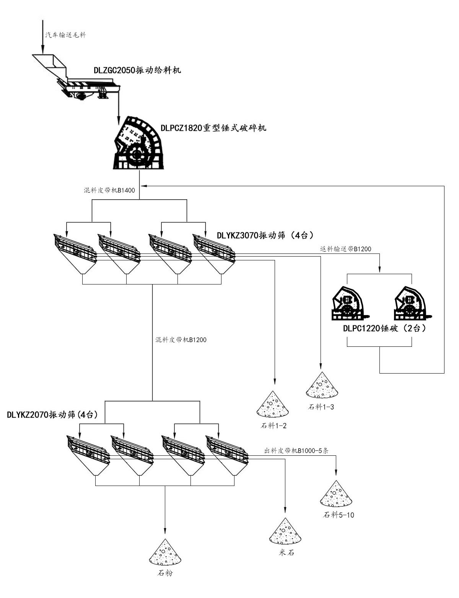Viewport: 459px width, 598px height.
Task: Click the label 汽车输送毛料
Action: [x=66, y=35]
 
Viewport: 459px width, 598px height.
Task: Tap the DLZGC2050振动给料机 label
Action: [x=137, y=71]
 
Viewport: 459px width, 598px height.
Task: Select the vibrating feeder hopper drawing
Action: [x=76, y=78]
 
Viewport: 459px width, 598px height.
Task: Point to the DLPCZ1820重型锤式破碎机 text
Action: [x=213, y=128]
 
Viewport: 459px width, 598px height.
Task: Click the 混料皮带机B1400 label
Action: [x=109, y=190]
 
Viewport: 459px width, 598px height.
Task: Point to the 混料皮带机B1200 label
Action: [x=181, y=340]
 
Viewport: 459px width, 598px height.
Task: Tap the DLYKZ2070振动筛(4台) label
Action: [x=52, y=415]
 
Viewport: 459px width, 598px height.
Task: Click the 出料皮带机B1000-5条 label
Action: [x=296, y=451]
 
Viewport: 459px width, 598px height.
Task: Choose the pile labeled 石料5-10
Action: [x=336, y=494]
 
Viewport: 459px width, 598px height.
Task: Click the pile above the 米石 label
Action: [x=285, y=532]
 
